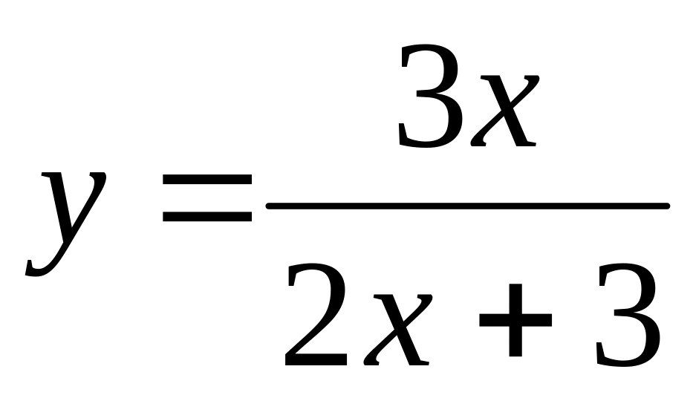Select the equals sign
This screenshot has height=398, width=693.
(x=207, y=199)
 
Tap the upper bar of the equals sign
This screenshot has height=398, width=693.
(x=207, y=181)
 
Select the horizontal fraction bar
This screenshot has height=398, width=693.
(x=468, y=205)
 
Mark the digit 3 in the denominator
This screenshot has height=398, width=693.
(x=628, y=316)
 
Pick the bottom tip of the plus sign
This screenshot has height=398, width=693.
(x=515, y=356)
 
